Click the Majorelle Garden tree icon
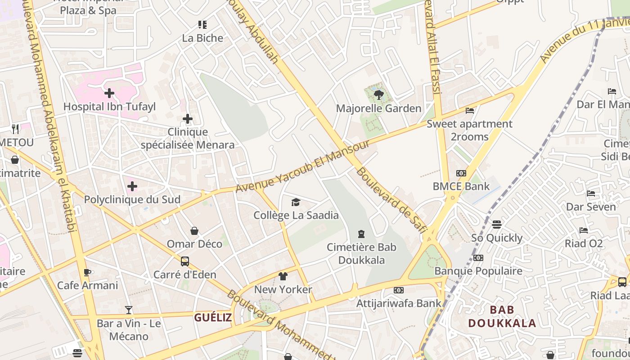coord(378,94)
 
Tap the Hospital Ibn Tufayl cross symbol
coord(109,93)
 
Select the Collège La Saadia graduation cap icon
coord(296,202)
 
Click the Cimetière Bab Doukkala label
coord(361,253)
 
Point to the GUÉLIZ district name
coord(213,317)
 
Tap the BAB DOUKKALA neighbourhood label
coord(502,316)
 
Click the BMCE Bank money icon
coord(461,173)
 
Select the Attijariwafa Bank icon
coord(399,290)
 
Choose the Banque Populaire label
coord(478,271)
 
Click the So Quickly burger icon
coord(497,224)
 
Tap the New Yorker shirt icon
coord(283,276)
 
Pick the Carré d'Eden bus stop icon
coord(184,261)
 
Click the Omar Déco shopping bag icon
coord(194,231)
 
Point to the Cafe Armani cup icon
coord(87,272)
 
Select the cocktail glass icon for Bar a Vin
coord(129,310)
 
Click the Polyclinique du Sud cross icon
coord(132,186)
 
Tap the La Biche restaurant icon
coord(202,25)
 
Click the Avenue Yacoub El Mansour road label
coord(302,166)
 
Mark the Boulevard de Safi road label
coord(391,201)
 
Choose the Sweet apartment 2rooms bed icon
coord(470,110)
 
